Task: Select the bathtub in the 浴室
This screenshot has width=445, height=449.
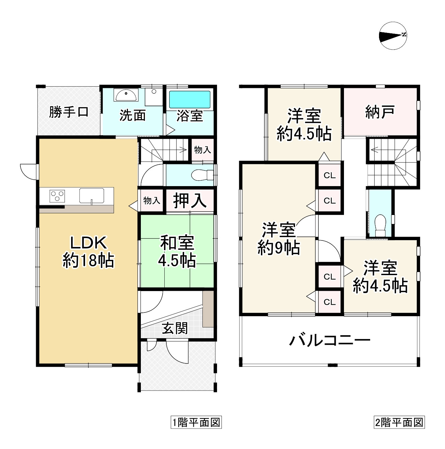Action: (190, 100)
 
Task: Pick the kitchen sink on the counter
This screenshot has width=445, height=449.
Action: (92, 196)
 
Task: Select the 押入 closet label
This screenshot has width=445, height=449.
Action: (190, 200)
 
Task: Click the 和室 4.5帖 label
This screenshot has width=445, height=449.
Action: (177, 252)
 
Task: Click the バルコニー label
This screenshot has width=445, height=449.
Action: (329, 340)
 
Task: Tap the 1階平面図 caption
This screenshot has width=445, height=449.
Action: (196, 423)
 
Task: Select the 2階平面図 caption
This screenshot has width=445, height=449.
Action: (399, 423)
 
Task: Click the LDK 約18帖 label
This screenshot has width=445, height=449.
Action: (88, 252)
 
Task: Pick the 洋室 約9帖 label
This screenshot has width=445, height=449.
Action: (278, 239)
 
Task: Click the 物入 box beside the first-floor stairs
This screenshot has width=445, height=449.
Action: (202, 150)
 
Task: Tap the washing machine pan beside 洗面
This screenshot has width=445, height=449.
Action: (154, 96)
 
